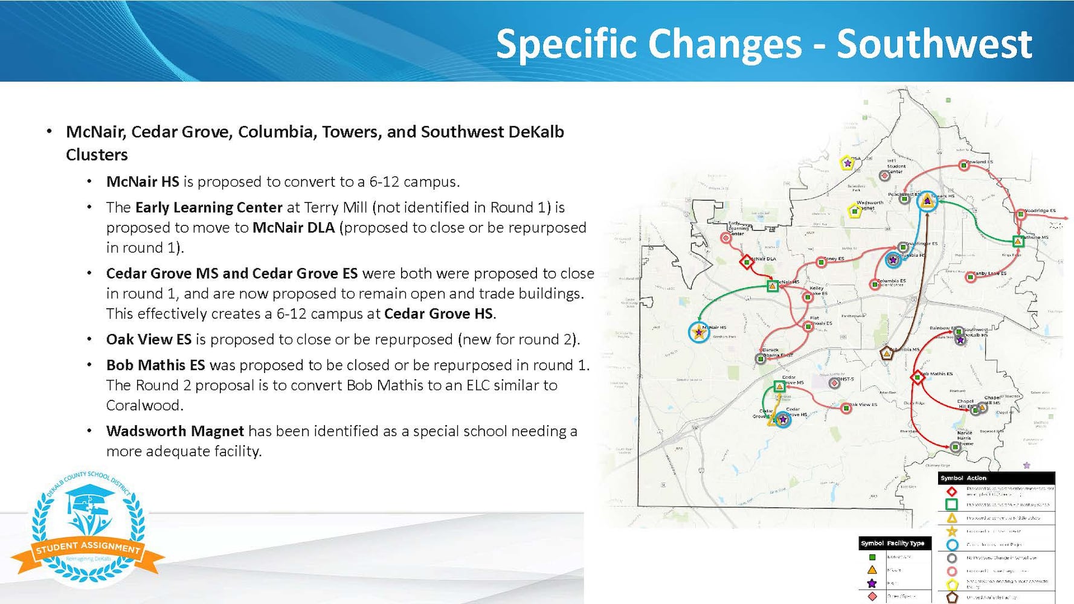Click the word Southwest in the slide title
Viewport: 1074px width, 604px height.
pyautogui.click(x=934, y=43)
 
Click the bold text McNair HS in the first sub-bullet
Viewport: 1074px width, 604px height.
pyautogui.click(x=143, y=182)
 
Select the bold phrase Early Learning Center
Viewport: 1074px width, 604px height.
pyautogui.click(x=208, y=207)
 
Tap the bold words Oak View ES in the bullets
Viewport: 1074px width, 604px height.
pyautogui.click(x=149, y=339)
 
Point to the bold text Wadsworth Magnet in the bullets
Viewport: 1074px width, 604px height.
pyautogui.click(x=175, y=431)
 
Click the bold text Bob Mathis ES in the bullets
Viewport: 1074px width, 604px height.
pyautogui.click(x=155, y=365)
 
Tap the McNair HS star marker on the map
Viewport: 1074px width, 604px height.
pyautogui.click(x=699, y=332)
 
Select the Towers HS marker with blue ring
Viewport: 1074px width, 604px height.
pyautogui.click(x=927, y=201)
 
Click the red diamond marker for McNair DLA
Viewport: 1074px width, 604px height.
pyautogui.click(x=746, y=262)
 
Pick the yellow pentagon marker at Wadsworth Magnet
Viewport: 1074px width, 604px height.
pyautogui.click(x=854, y=211)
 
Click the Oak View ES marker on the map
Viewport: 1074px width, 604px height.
pyautogui.click(x=846, y=408)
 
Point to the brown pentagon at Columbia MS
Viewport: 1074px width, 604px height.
pyautogui.click(x=886, y=353)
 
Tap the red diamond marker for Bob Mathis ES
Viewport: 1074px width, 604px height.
pyautogui.click(x=918, y=377)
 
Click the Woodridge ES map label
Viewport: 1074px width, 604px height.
pyautogui.click(x=1040, y=211)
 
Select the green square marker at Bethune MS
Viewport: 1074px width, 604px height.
pyautogui.click(x=1018, y=242)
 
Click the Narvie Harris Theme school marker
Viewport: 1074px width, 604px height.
pyautogui.click(x=955, y=447)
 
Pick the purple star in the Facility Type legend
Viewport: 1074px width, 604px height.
pyautogui.click(x=872, y=583)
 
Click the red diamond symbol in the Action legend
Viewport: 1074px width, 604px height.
pyautogui.click(x=951, y=491)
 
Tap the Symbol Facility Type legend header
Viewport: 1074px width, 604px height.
pyautogui.click(x=895, y=543)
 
